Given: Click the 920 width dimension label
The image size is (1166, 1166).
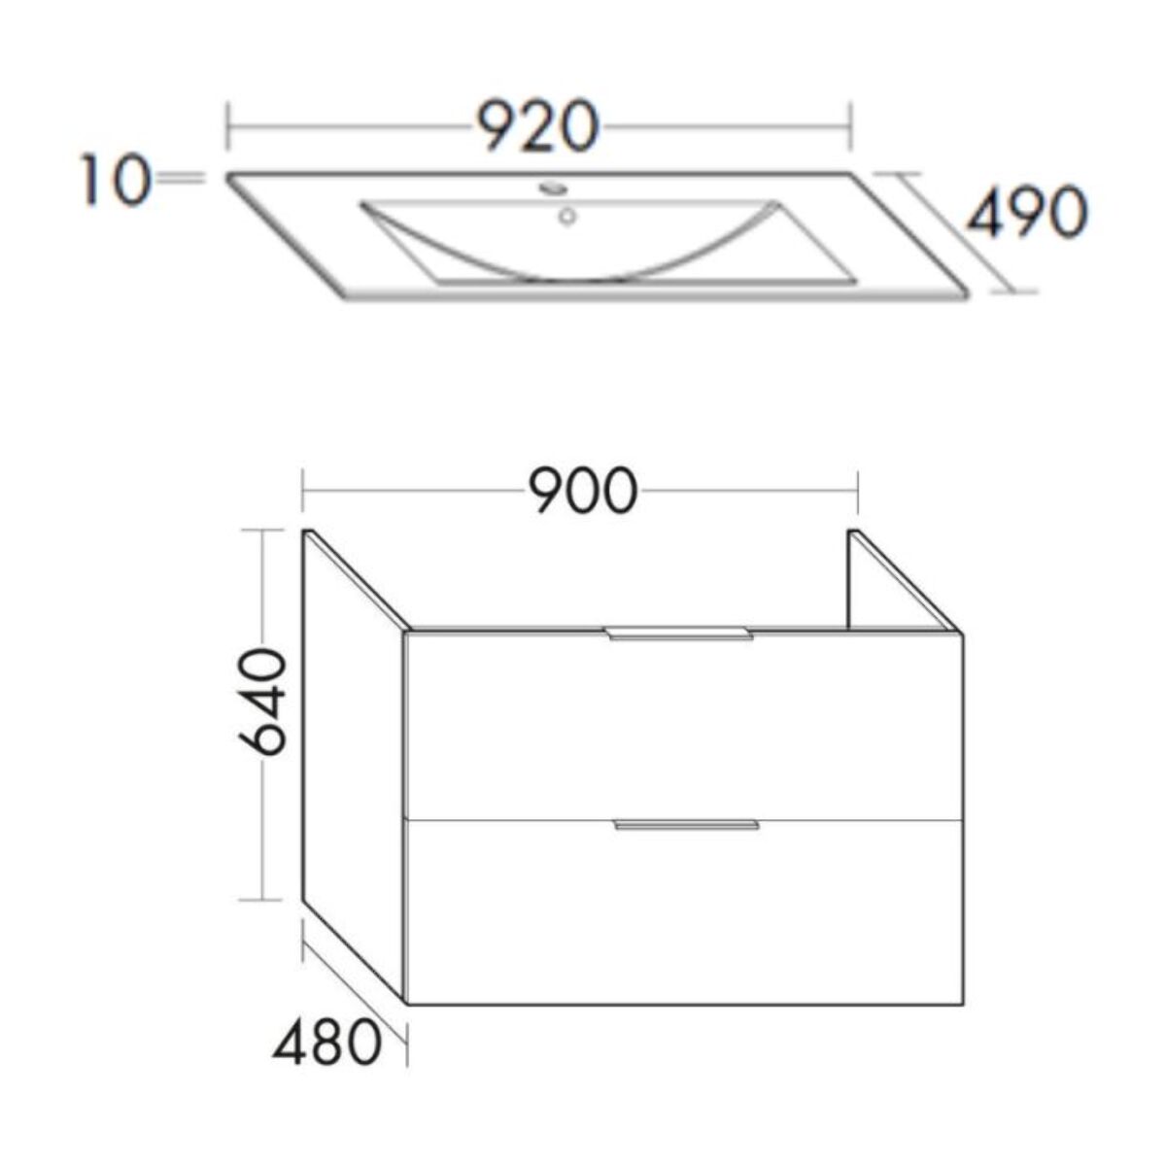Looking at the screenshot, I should point(537,127).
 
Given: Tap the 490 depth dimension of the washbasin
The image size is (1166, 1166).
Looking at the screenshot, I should point(1024,213).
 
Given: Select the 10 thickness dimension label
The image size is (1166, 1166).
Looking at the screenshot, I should point(115,182).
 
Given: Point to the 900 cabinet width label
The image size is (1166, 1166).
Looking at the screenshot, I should point(582,493).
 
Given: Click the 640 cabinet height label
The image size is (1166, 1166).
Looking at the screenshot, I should point(262,703).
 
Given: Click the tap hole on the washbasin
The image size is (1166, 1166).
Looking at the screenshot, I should point(553,186).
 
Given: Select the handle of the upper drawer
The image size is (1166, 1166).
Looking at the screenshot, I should point(679,634).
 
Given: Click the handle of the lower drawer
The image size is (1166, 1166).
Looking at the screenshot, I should point(686,825).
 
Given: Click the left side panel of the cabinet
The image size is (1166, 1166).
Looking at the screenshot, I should point(352,758).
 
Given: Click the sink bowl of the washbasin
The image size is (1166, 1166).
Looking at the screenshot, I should point(573,243).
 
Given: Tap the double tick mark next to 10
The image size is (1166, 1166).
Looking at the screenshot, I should point(181,178).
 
